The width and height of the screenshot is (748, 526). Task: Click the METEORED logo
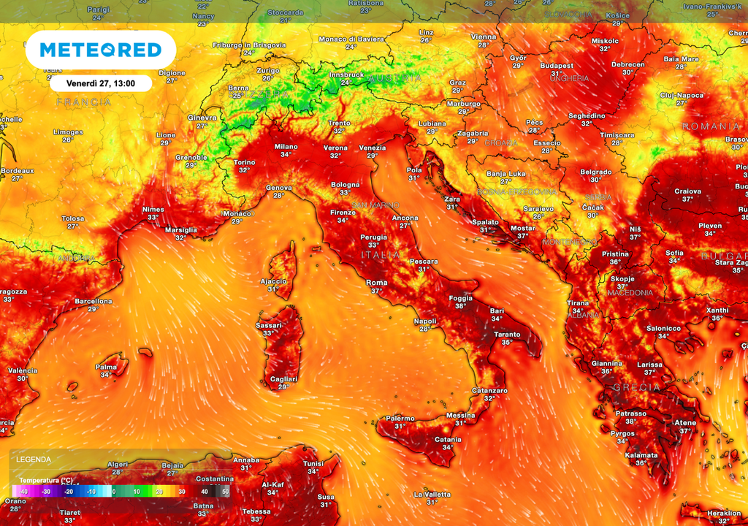[x=100, y=50]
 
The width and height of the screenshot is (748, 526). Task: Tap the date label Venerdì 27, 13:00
[x=101, y=83]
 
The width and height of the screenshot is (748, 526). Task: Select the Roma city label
[x=376, y=283]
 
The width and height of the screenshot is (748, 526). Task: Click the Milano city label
[x=286, y=147]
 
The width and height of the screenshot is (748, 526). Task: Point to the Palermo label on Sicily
[x=400, y=418]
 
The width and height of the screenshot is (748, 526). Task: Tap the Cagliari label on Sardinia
[x=283, y=379]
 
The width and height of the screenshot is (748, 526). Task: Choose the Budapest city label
[x=557, y=66]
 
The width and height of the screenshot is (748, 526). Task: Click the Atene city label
[x=684, y=422]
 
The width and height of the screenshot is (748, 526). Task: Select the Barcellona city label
[x=93, y=301]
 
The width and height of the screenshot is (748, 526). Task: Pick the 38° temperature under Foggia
[x=460, y=306]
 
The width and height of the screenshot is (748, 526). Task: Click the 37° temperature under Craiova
[x=687, y=199]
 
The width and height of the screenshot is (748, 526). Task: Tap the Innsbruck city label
[x=346, y=75]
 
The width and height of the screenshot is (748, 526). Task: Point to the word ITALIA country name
[x=381, y=255]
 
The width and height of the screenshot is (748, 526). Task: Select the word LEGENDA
[x=34, y=460]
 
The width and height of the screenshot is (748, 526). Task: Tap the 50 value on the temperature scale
[x=225, y=492]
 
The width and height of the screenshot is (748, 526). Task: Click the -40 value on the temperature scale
[x=23, y=492]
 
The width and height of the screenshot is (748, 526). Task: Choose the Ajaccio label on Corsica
[x=273, y=281]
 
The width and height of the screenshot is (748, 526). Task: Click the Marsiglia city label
[x=180, y=229]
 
